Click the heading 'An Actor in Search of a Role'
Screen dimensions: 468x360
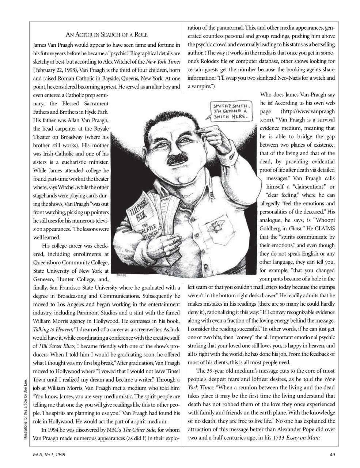tap(106, 35)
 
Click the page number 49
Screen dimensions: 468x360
tap(332, 454)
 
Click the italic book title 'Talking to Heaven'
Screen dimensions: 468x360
tap(51, 329)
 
